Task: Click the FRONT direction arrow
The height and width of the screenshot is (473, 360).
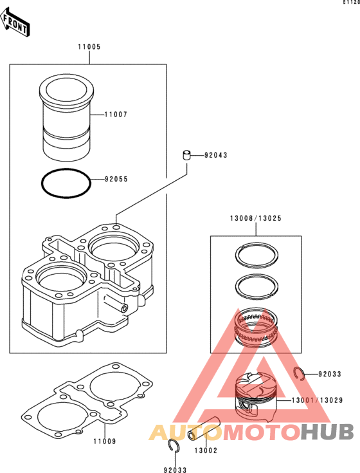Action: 14,22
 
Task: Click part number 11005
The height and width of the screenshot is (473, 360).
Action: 89,47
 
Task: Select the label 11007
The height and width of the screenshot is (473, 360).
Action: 116,115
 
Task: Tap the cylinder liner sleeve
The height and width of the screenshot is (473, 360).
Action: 67,116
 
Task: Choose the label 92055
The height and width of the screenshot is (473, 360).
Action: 116,179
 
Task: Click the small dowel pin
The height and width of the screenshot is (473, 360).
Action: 187,155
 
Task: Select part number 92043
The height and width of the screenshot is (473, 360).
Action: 216,155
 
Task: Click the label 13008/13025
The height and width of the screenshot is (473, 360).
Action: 256,218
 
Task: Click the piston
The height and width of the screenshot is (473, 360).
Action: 256,397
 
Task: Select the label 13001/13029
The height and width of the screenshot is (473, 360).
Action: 317,400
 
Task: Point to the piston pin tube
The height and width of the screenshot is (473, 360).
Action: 204,429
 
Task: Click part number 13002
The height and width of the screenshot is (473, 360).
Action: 206,450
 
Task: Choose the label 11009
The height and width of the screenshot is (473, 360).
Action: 105,441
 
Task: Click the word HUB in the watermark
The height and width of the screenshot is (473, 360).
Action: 327,432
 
